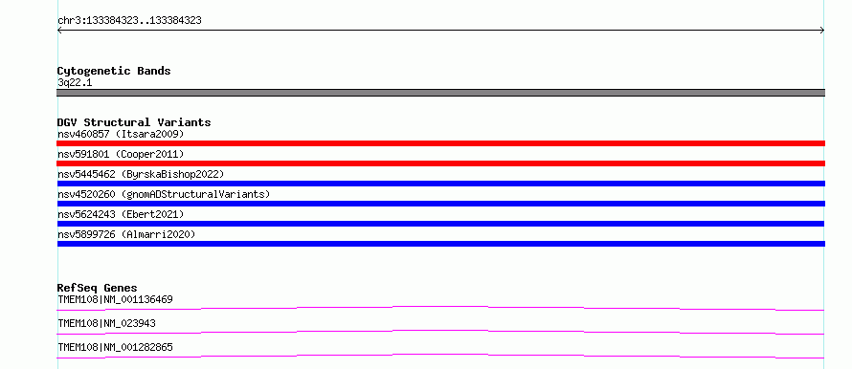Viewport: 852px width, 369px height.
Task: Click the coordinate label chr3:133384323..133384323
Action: pos(129,21)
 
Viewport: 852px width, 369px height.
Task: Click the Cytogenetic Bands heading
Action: pos(114,71)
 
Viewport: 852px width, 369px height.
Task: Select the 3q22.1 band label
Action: pos(75,83)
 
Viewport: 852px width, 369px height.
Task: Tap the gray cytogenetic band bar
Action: pos(440,93)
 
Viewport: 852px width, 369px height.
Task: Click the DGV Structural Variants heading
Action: pos(134,122)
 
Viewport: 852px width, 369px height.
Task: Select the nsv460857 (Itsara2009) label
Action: pos(121,134)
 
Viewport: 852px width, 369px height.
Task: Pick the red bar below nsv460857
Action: pos(440,143)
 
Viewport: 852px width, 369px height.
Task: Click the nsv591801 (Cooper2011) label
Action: pos(121,154)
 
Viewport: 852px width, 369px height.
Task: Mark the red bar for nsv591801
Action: pos(440,163)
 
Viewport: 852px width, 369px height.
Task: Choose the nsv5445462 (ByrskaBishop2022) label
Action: pos(141,174)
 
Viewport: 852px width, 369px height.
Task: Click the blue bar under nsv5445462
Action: pos(440,184)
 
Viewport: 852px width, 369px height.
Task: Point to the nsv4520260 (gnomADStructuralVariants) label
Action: pos(164,194)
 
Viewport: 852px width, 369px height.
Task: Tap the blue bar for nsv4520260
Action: pos(440,204)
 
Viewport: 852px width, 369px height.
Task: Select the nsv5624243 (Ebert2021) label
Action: pos(121,214)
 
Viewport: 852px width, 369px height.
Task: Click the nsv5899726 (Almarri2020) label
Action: pos(126,234)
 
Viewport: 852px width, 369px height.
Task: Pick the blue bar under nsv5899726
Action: pos(440,244)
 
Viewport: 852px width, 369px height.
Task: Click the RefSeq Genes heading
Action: pos(98,288)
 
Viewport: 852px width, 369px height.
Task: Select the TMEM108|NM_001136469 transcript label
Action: pos(115,299)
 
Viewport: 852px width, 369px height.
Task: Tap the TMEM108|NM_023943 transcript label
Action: pos(106,323)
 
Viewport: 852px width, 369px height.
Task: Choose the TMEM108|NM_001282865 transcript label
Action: pos(115,347)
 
